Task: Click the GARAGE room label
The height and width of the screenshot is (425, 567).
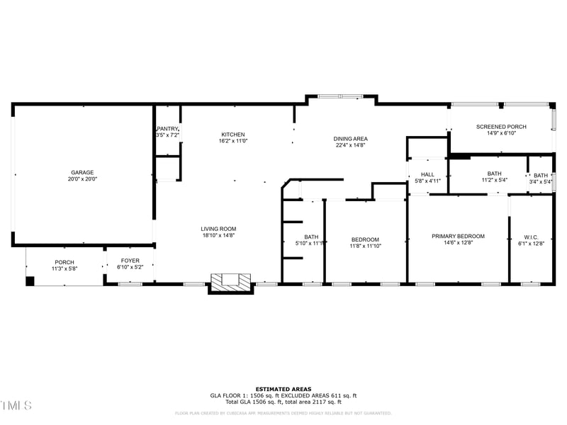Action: tap(82, 172)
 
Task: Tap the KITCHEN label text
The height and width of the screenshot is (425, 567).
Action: tap(233, 135)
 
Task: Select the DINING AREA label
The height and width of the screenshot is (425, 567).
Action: tap(351, 139)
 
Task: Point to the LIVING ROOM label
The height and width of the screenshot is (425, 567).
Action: tap(218, 229)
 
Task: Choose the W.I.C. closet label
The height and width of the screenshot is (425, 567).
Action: tap(532, 237)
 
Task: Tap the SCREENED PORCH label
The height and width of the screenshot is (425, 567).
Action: tap(501, 127)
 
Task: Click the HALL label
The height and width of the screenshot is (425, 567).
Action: tap(427, 174)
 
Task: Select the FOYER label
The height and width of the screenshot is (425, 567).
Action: tap(130, 261)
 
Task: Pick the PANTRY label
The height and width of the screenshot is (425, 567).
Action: tap(168, 128)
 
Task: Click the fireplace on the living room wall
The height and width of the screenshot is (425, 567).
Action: tap(230, 282)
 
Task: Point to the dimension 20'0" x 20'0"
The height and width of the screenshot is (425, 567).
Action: tap(82, 179)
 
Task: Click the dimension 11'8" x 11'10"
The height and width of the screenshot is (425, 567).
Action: tap(365, 247)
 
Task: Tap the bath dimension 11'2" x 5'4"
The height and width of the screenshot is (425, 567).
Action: tap(494, 181)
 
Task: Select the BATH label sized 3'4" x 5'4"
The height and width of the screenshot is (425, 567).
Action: tap(541, 176)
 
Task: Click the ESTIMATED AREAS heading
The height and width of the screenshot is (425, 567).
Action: tap(283, 390)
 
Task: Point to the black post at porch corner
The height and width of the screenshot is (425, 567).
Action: tap(30, 281)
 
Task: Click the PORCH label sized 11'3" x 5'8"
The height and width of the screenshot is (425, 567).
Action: tap(64, 262)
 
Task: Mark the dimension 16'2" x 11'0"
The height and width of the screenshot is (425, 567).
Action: tap(233, 141)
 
